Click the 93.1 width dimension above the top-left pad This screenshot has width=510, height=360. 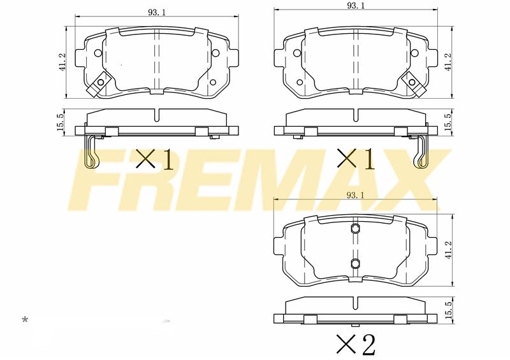[157, 12]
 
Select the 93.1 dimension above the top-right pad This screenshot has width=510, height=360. [356, 6]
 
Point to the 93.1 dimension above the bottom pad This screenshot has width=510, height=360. [356, 195]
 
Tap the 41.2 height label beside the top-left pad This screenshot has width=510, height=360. [62, 62]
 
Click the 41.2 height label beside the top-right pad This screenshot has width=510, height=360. [448, 62]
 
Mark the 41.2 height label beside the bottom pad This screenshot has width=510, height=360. [449, 250]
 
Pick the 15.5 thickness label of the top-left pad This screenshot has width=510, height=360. [61, 122]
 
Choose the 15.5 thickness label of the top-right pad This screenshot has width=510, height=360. [448, 122]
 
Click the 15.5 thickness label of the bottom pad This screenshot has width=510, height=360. [448, 310]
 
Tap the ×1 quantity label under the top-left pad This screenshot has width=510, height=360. [155, 159]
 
